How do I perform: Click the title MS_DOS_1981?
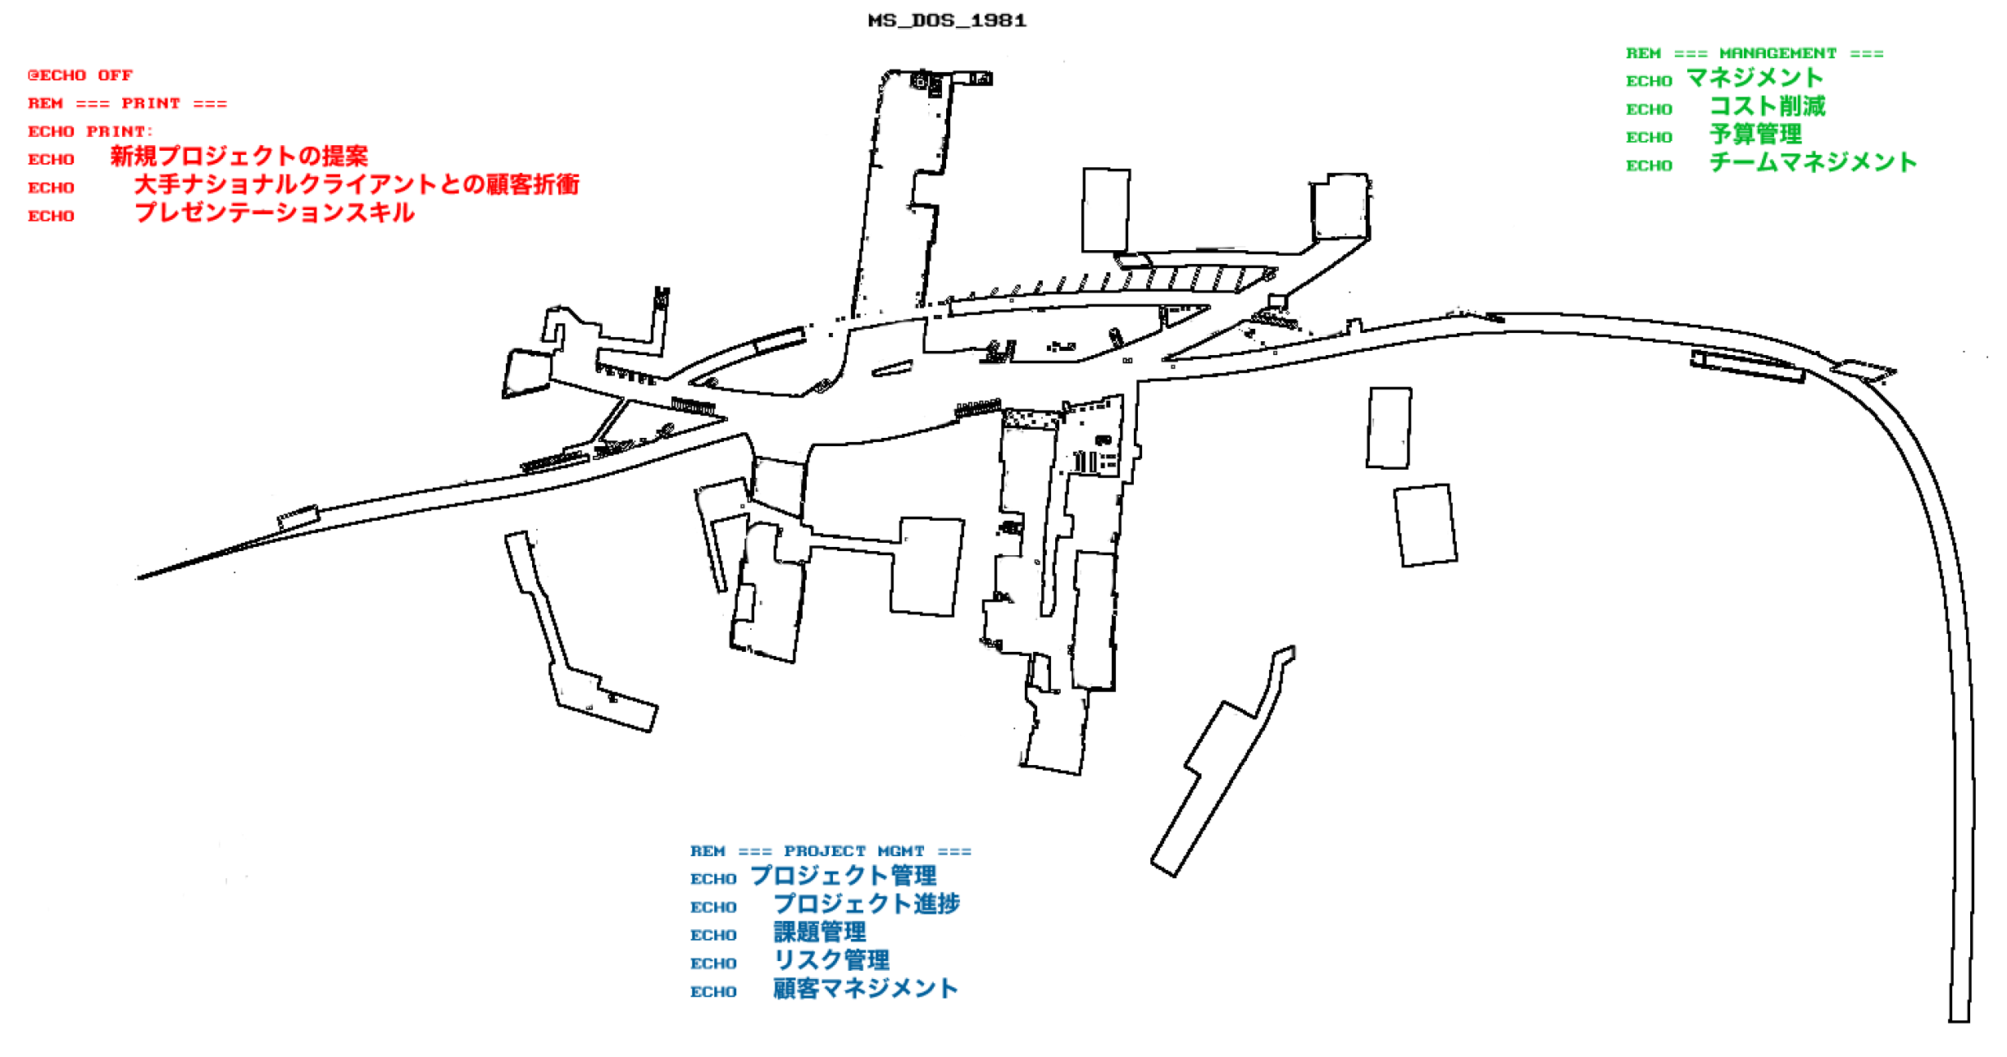[947, 21]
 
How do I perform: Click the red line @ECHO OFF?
[80, 75]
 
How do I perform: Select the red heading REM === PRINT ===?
[127, 103]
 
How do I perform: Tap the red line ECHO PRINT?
[90, 131]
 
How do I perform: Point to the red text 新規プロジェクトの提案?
[239, 156]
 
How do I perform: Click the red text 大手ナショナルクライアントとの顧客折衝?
[357, 185]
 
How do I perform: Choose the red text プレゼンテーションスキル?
[275, 213]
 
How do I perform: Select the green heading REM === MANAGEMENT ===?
[1754, 53]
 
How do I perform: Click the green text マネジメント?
[1754, 79]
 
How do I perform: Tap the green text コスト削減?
[1768, 107]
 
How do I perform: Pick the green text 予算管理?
[1755, 134]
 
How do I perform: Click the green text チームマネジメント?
[1813, 162]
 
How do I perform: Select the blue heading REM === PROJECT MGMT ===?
[831, 851]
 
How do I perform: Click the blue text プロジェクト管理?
[844, 876]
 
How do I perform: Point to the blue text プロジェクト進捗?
[867, 904]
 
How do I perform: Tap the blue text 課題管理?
[820, 932]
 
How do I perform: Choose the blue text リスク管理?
[831, 960]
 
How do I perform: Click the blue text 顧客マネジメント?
[866, 989]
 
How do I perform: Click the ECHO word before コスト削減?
[1649, 109]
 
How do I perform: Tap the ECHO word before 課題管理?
[713, 936]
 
